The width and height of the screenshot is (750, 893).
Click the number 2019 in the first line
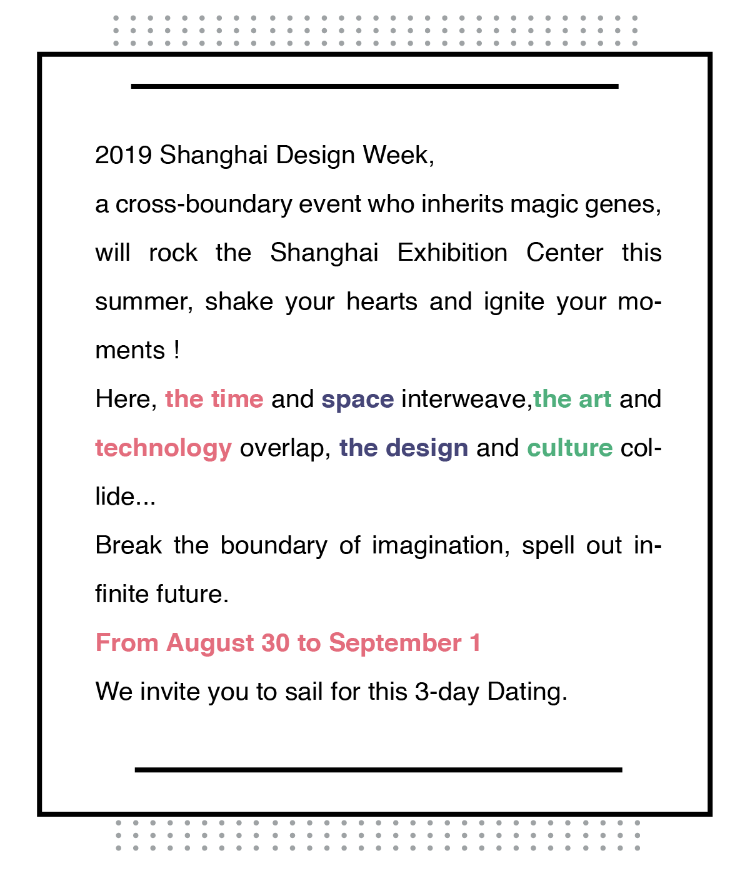click(x=123, y=155)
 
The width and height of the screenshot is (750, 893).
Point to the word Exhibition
click(x=452, y=253)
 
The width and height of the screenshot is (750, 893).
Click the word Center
click(x=564, y=253)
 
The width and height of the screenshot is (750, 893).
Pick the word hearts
click(x=381, y=301)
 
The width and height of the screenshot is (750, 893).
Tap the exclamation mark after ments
click(x=177, y=350)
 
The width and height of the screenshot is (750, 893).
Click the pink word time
click(x=237, y=398)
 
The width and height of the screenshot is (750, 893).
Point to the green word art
click(x=595, y=400)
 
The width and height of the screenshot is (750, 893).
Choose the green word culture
click(x=569, y=448)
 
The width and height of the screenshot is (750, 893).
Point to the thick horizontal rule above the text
click(x=374, y=86)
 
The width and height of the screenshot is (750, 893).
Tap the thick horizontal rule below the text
click(x=378, y=770)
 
